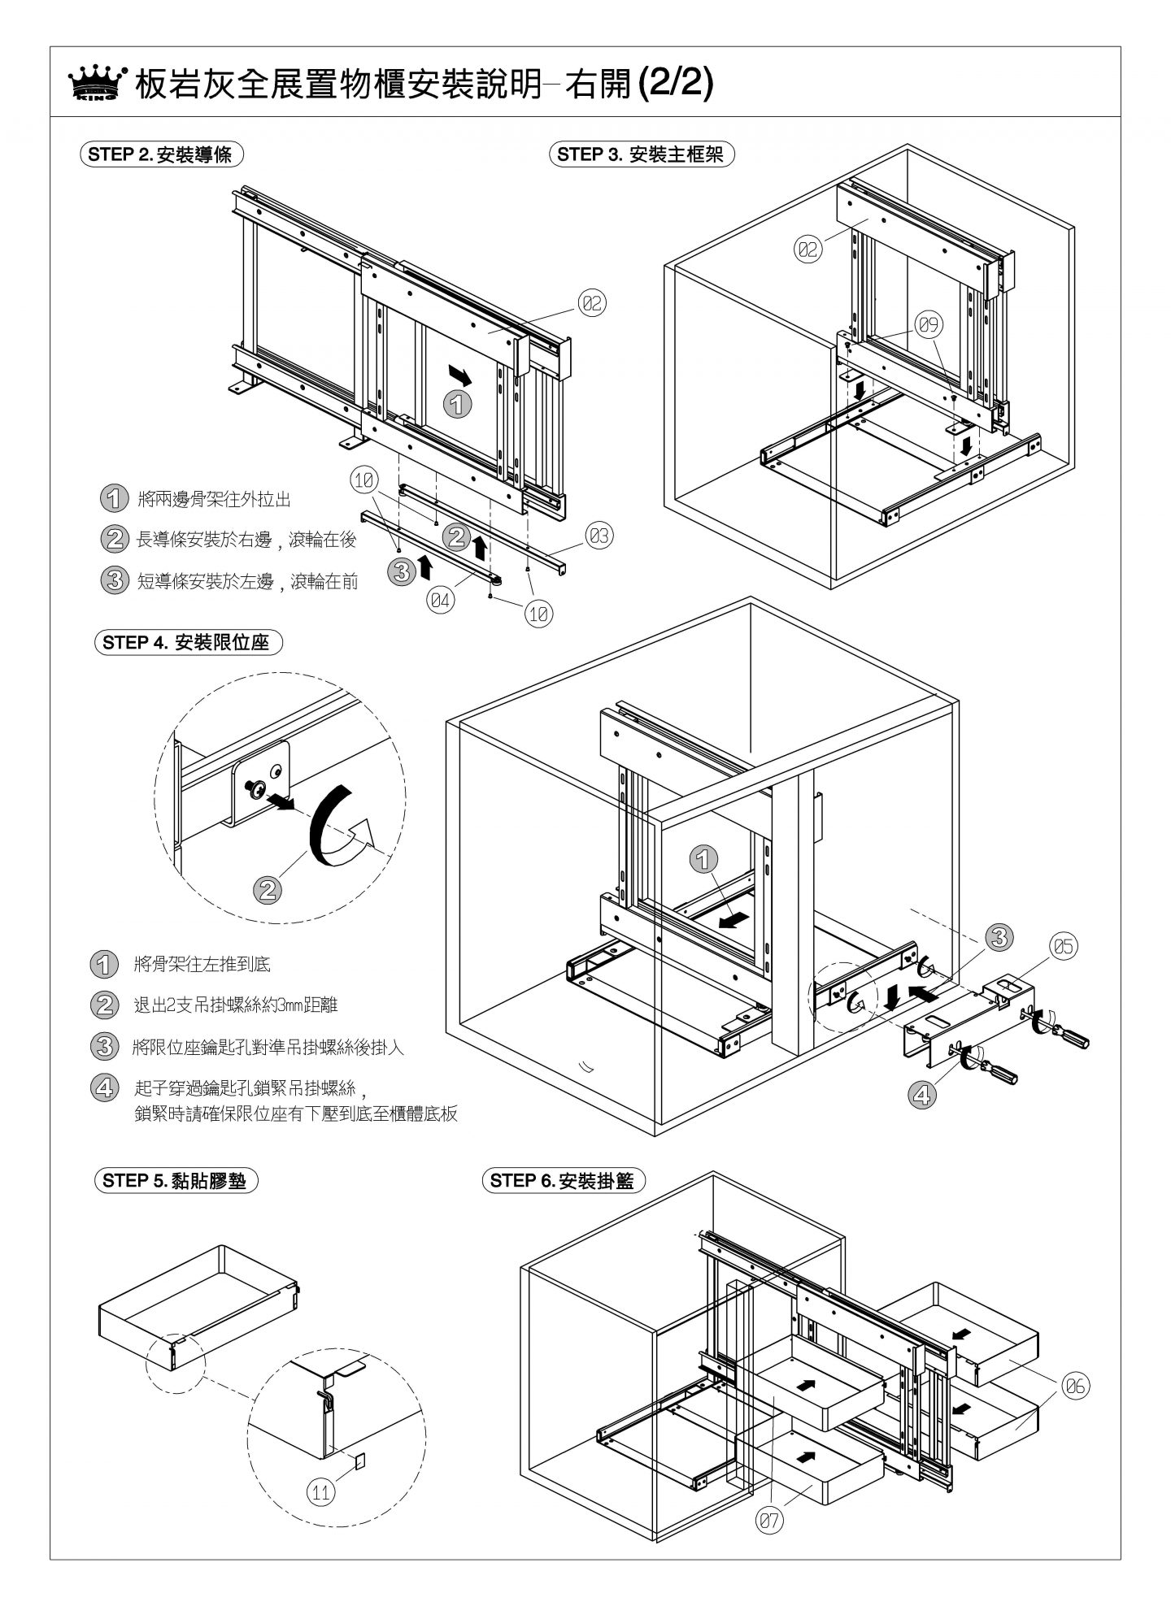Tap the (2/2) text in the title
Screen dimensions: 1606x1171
(x=675, y=83)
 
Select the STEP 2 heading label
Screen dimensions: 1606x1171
(x=161, y=154)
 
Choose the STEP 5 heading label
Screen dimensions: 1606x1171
(x=175, y=1181)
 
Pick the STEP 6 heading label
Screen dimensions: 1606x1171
(x=563, y=1181)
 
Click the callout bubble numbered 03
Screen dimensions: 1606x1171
(x=599, y=536)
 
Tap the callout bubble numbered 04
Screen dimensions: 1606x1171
(x=441, y=601)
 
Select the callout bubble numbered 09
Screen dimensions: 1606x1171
(x=929, y=325)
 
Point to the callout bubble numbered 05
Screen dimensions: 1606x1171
(x=1064, y=946)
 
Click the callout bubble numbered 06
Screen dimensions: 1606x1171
(x=1075, y=1387)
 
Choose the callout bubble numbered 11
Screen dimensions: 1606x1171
(x=321, y=1492)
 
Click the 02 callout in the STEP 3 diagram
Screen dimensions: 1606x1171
(x=808, y=250)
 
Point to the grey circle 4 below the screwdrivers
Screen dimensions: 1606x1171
(x=921, y=1095)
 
